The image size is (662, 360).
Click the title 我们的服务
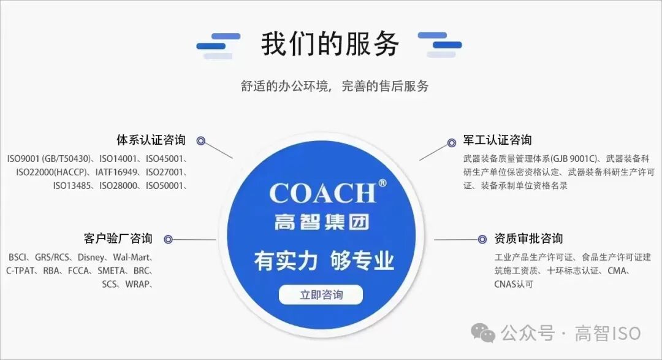330,44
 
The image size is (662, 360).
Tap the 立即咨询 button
321,295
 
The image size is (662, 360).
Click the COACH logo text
322,193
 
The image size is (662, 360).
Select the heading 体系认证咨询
151,140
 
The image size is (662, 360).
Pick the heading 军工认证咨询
497,140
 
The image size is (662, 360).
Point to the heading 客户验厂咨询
118,239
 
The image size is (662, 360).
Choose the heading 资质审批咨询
528,239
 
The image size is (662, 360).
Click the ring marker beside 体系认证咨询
200,140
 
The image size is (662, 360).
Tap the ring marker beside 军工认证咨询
452,142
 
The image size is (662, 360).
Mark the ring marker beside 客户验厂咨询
168,239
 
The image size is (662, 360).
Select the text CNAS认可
514,284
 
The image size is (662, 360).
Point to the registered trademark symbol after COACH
382,183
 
